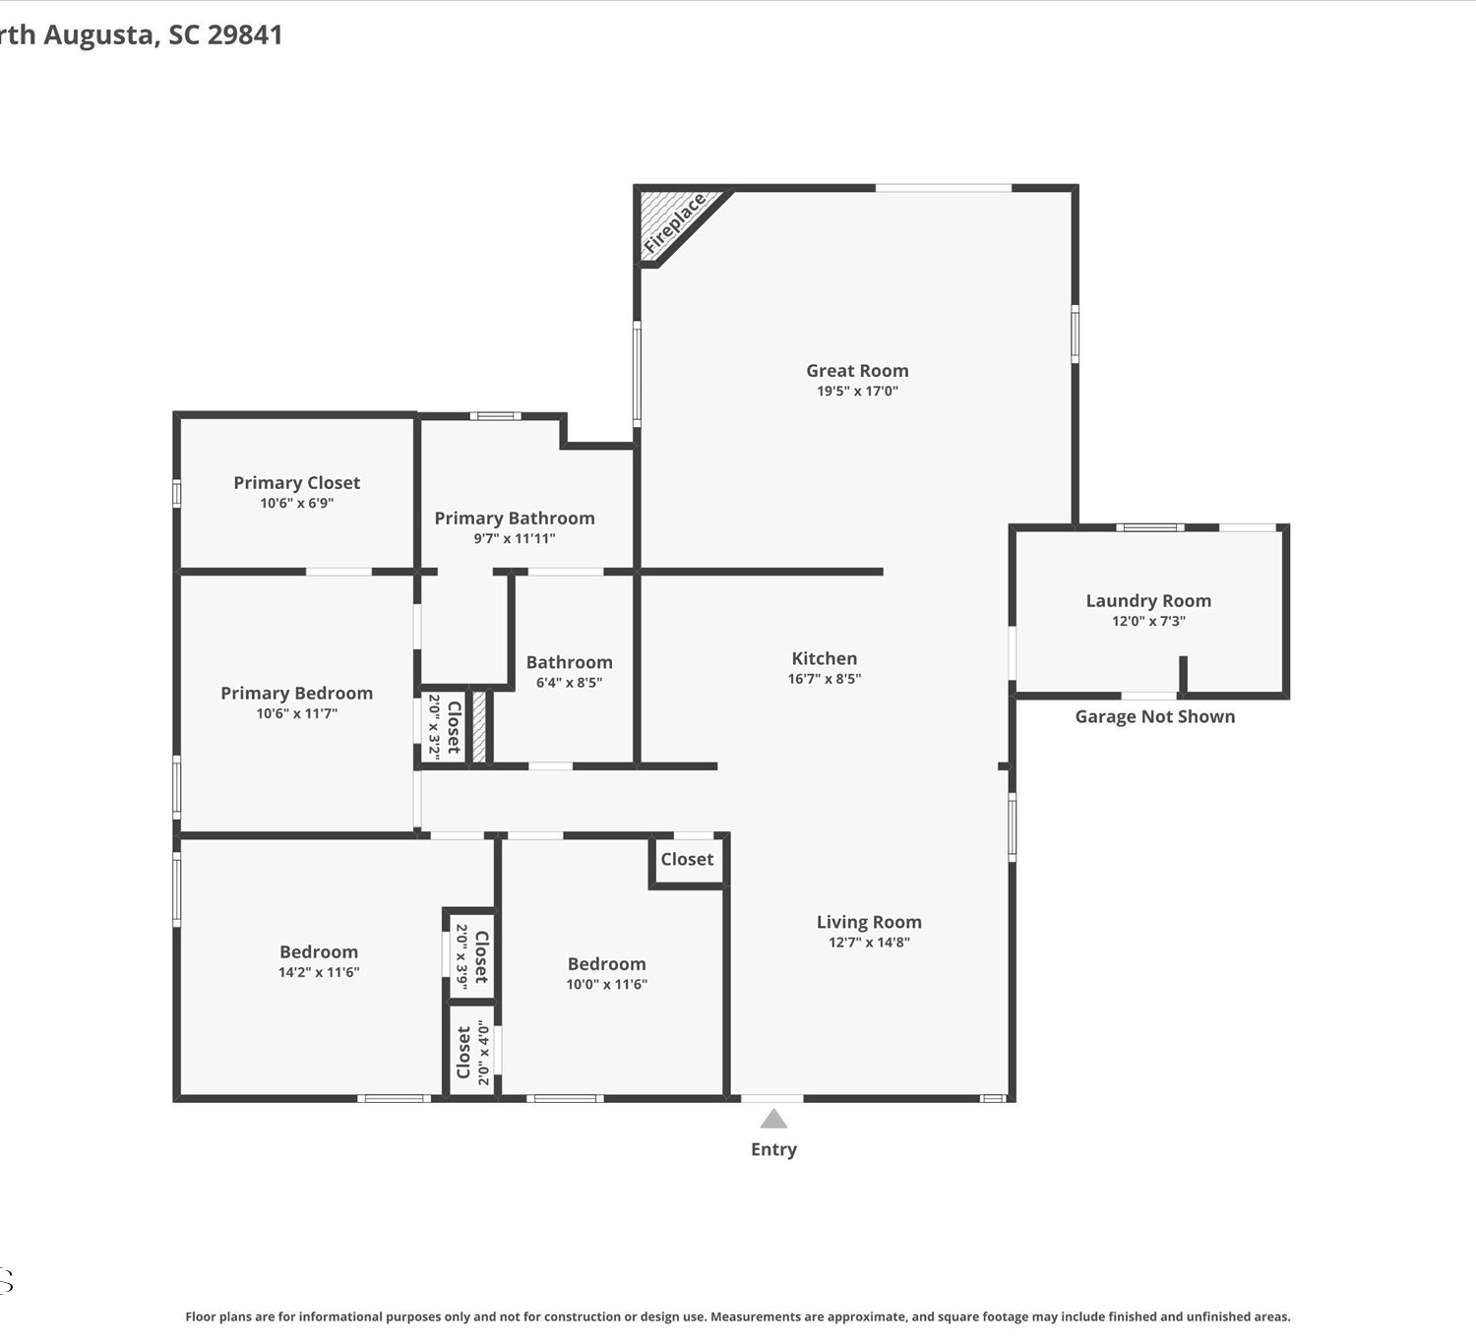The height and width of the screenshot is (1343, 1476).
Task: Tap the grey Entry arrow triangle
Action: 773,1119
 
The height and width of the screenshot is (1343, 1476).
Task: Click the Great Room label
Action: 857,370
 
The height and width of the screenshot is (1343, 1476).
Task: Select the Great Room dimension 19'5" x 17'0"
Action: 857,391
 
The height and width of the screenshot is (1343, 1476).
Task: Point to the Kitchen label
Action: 824,658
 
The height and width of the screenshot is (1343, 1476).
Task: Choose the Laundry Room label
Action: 1148,600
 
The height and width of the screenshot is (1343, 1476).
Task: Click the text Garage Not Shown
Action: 1154,716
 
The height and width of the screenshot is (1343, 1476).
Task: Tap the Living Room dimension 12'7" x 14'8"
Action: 869,942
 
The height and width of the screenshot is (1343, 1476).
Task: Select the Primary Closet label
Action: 296,483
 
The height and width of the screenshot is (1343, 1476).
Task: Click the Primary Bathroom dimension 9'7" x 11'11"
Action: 515,538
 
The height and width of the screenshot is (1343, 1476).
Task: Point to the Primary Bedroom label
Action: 296,694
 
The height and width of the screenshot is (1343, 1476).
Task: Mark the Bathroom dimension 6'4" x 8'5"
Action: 569,682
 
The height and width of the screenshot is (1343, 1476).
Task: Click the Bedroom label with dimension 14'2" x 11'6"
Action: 319,951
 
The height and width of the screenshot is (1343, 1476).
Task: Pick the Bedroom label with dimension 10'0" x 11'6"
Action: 606,964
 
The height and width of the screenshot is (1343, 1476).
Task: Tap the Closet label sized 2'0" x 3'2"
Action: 454,727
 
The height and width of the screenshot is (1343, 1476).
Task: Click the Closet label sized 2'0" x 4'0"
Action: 463,1053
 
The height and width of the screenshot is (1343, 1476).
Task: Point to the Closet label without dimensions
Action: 687,859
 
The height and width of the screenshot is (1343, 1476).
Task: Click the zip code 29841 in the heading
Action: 244,34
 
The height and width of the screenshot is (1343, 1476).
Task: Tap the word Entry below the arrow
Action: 773,1149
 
